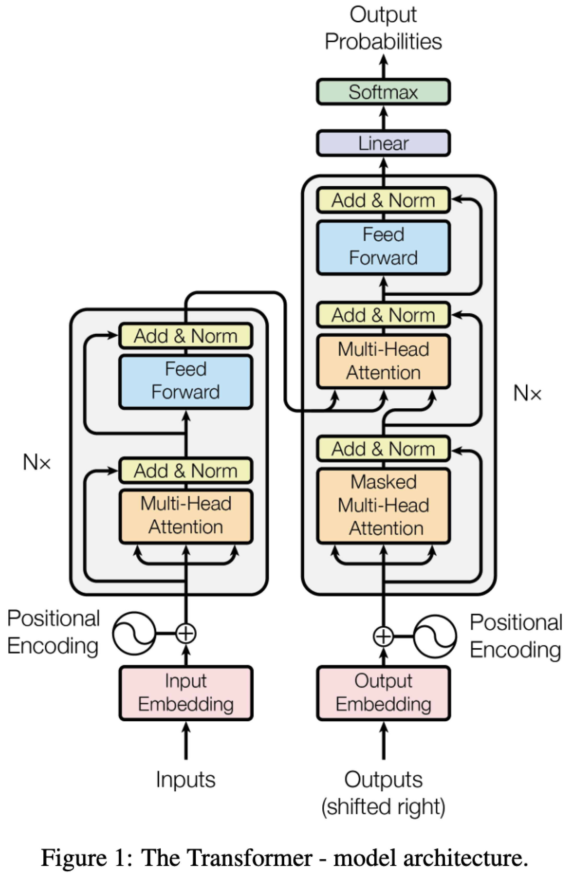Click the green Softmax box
[x=383, y=92]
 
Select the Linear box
[x=383, y=143]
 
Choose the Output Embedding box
[x=383, y=693]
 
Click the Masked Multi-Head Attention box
[x=383, y=505]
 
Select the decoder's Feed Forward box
[x=383, y=247]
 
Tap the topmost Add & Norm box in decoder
[x=383, y=200]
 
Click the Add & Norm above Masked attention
[x=383, y=449]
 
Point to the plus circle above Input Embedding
[x=186, y=634]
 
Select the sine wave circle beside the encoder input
[x=134, y=634]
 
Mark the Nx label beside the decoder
[x=527, y=393]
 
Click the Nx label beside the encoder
[x=37, y=462]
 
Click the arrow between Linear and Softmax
[x=383, y=117]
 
